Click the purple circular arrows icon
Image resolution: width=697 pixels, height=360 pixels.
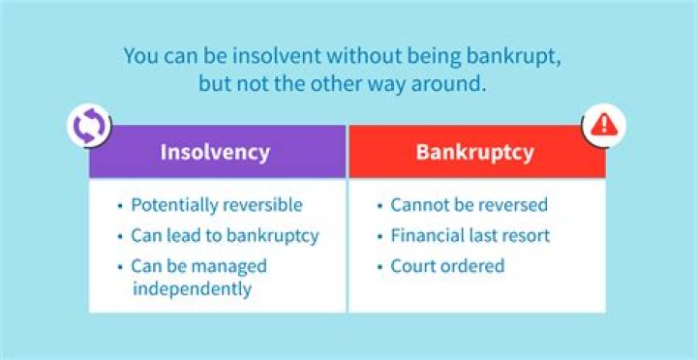[88, 127]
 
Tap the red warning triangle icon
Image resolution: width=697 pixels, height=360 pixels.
[604, 126]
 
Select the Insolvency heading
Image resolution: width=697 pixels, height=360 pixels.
[215, 152]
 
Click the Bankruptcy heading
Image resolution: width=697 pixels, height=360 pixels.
[476, 152]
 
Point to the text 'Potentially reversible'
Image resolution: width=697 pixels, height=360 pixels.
[217, 205]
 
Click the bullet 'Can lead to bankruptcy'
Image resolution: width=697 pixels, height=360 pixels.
[225, 235]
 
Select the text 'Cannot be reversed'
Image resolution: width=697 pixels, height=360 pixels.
[469, 205]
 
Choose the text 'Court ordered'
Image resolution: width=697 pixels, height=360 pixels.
[447, 265]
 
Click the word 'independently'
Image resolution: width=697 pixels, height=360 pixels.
[192, 288]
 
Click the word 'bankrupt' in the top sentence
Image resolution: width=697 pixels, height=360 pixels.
[518, 54]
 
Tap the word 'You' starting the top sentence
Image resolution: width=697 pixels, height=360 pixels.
[142, 54]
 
